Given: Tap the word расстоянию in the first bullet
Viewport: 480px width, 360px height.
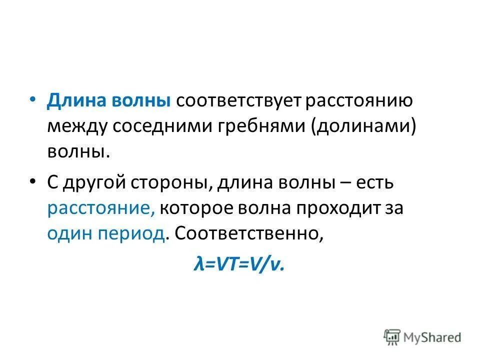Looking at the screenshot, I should tap(359, 100).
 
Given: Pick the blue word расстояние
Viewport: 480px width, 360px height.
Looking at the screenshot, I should tap(101, 208).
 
